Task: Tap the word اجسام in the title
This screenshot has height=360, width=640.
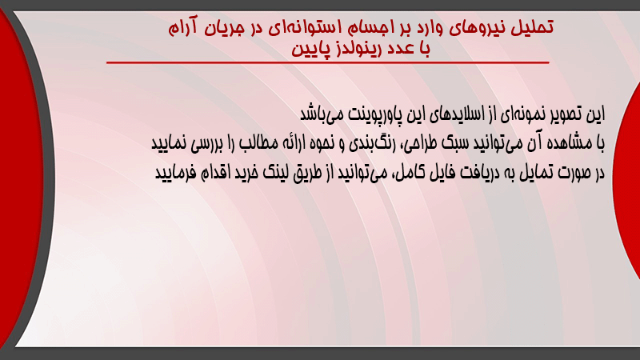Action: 369,28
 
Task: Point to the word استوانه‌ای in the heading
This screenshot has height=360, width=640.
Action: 305,28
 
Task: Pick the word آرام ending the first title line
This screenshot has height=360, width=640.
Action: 182,28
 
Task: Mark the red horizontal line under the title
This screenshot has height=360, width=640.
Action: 328,62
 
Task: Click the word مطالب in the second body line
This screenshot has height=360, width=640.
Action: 257,143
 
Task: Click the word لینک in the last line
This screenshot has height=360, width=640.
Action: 275,173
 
